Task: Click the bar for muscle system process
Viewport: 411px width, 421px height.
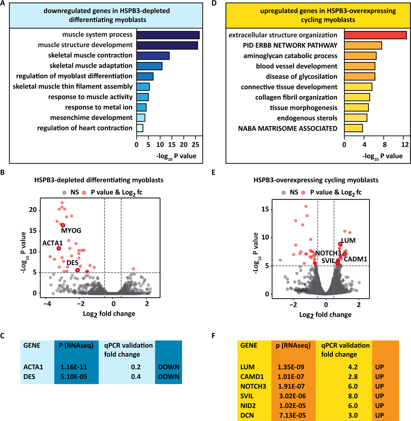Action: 168,35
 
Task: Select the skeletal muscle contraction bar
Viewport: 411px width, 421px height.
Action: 153,56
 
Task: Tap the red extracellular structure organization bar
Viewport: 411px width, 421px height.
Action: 375,35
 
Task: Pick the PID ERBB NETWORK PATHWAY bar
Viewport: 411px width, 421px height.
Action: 363,45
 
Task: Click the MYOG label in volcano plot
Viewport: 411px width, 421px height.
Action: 71,231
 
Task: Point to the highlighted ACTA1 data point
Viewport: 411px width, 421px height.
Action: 59,248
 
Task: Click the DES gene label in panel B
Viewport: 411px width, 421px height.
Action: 73,263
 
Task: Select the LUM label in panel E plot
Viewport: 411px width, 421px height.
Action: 348,241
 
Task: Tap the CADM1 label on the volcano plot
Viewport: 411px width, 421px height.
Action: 355,259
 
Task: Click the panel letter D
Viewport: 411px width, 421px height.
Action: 214,4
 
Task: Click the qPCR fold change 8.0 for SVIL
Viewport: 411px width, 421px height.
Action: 353,396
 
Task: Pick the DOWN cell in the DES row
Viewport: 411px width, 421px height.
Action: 169,377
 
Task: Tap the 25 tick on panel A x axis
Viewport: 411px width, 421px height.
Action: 195,145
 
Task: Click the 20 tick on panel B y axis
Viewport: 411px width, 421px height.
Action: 33,210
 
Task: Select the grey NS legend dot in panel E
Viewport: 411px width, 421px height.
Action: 284,193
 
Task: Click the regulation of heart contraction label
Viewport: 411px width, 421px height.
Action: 85,128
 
